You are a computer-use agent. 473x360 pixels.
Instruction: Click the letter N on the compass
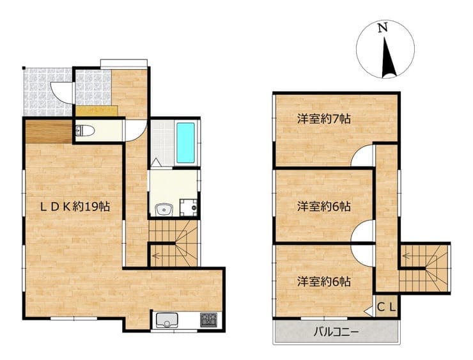(x=383, y=28)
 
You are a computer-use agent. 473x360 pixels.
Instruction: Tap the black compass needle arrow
(x=388, y=58)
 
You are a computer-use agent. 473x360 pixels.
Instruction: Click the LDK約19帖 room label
(x=75, y=207)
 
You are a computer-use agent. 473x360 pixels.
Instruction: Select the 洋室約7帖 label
(x=323, y=119)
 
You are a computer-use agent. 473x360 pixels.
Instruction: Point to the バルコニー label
(x=337, y=333)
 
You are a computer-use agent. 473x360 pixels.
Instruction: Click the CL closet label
(x=387, y=308)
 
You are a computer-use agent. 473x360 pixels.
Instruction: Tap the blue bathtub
(x=185, y=143)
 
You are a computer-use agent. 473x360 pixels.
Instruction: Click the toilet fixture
(x=85, y=131)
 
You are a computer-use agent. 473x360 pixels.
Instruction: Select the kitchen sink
(x=167, y=320)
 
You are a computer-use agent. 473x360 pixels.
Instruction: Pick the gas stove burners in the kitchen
(x=208, y=320)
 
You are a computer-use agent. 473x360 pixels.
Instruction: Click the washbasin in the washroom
(x=164, y=209)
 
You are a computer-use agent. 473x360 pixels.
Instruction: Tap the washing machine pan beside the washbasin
(x=189, y=208)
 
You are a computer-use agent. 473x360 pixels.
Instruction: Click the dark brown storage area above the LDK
(x=49, y=131)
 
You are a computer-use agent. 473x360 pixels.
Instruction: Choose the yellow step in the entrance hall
(x=97, y=111)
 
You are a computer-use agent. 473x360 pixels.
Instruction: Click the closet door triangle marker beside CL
(x=369, y=311)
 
